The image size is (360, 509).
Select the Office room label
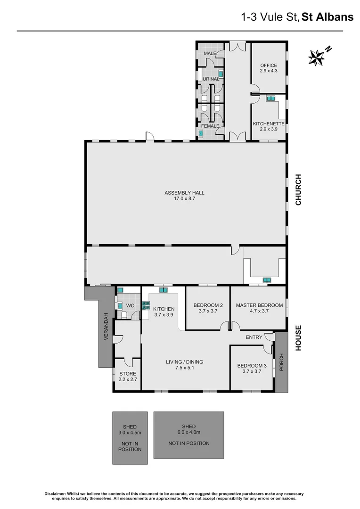click(x=268, y=68)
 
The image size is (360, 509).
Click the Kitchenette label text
click(x=268, y=126)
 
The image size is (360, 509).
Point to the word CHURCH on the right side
click(x=298, y=190)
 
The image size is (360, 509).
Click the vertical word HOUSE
click(x=298, y=338)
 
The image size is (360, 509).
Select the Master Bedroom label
click(x=259, y=308)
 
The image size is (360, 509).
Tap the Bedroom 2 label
click(x=208, y=308)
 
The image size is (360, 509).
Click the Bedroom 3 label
click(x=252, y=368)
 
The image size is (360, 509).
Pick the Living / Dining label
click(x=184, y=364)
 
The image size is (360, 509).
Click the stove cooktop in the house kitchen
click(x=146, y=304)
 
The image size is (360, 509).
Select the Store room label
click(x=127, y=376)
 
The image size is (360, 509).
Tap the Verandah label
click(x=106, y=326)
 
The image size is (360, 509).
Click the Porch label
click(x=281, y=362)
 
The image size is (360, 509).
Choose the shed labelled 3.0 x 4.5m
click(x=130, y=438)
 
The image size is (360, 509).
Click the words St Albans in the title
click(x=327, y=17)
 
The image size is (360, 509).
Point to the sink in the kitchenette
click(x=271, y=99)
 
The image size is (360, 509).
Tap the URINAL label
click(x=211, y=79)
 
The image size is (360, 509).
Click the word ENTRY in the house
click(x=254, y=337)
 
